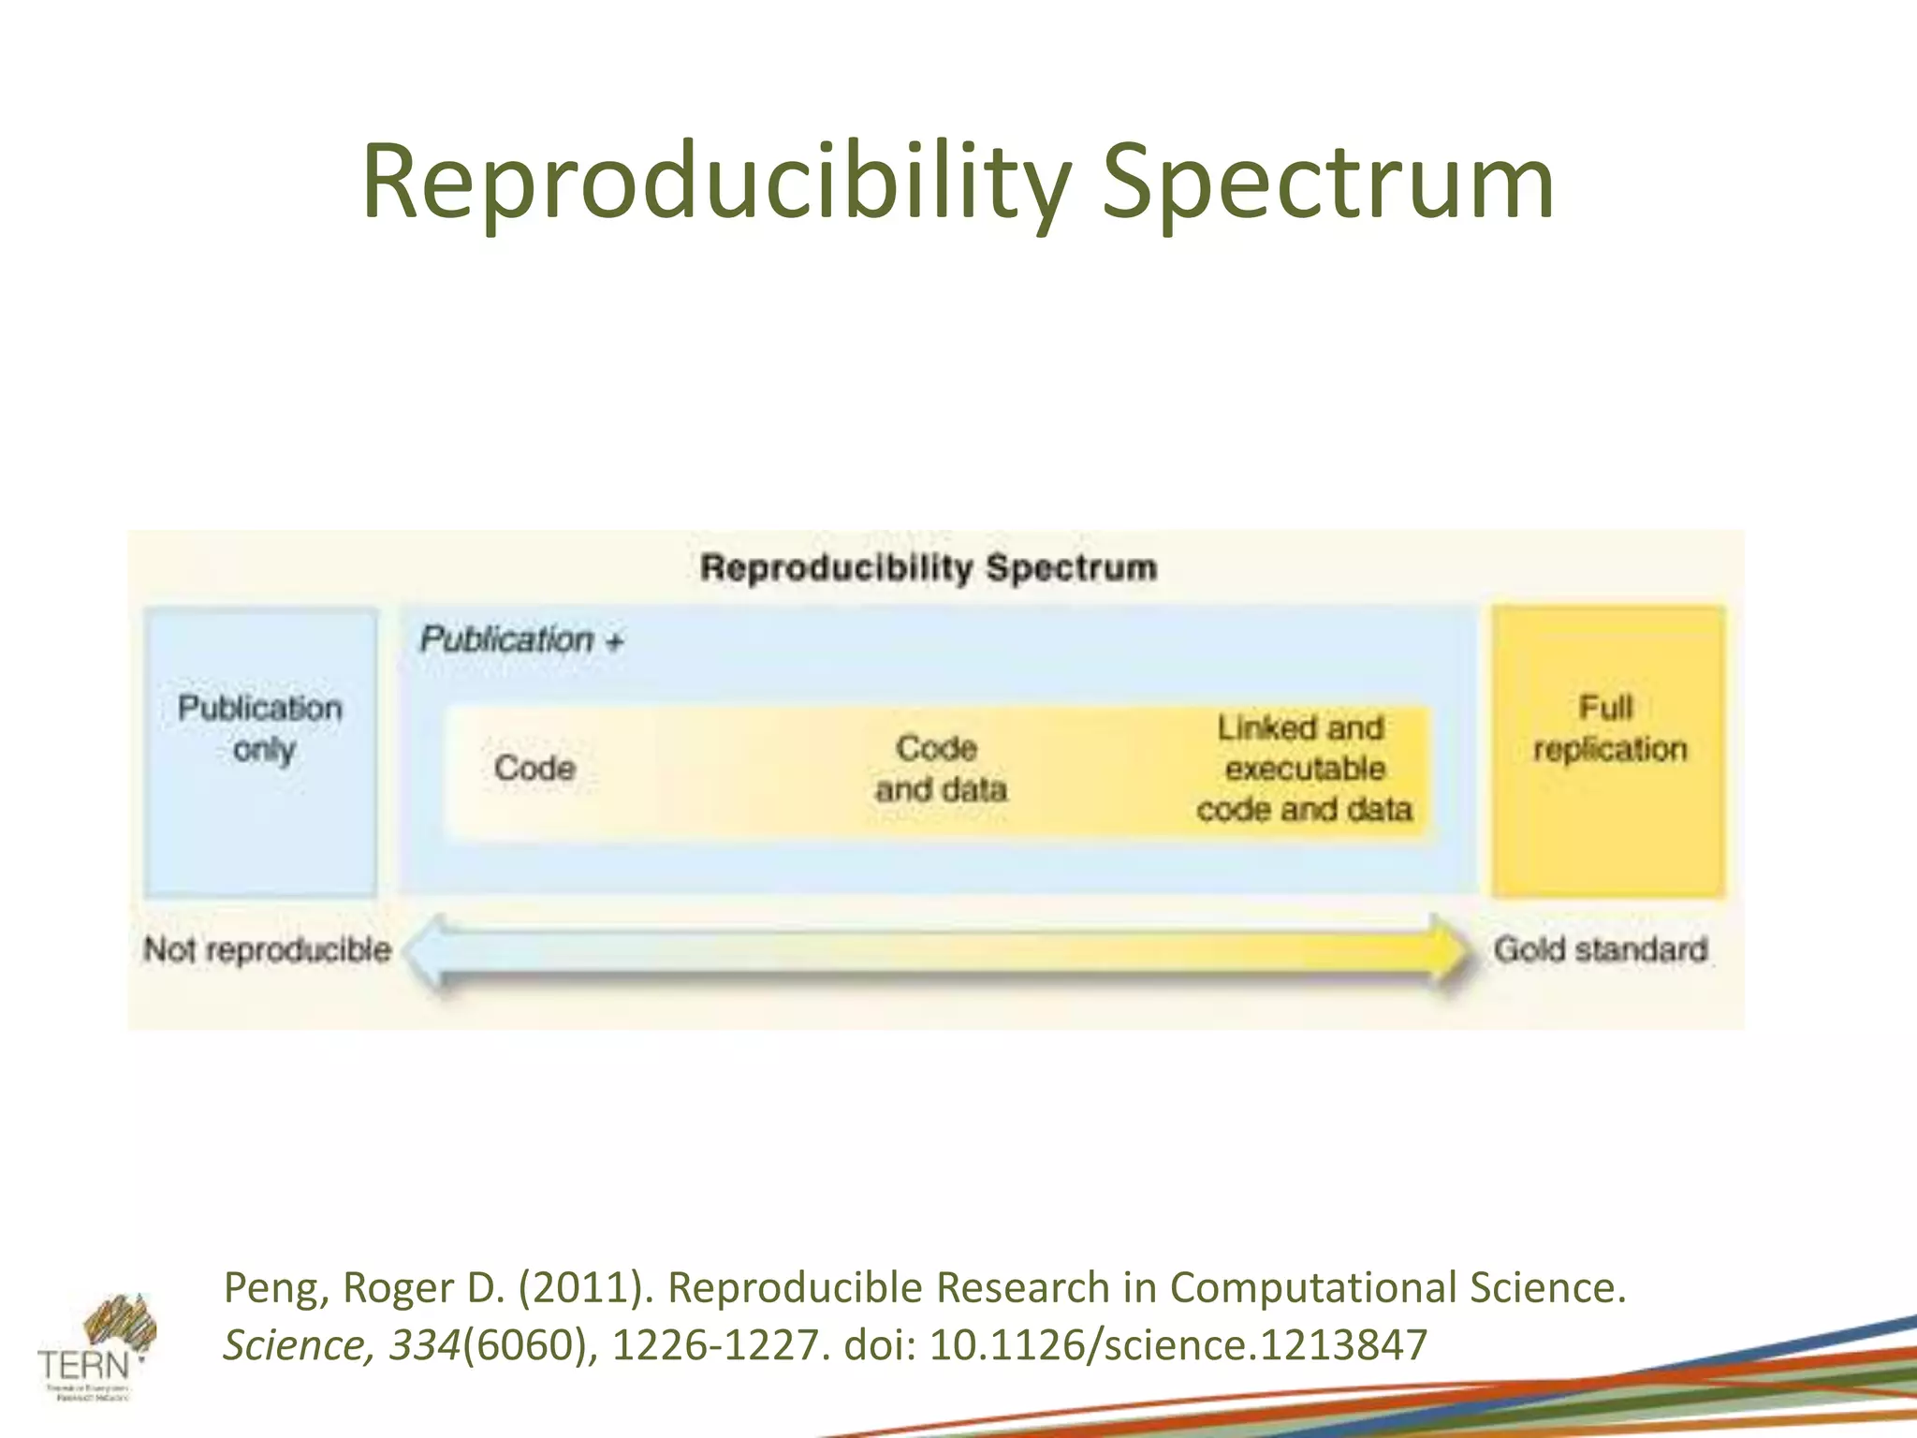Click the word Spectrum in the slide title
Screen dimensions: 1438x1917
(1327, 183)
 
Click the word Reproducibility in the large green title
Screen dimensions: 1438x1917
(716, 183)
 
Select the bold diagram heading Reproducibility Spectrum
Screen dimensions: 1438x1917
(929, 567)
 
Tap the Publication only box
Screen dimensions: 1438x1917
(260, 752)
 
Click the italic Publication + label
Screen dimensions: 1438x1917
(520, 640)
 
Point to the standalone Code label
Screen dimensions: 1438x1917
(534, 769)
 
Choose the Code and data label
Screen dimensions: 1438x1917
(940, 769)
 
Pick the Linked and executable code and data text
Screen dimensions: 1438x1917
(1304, 769)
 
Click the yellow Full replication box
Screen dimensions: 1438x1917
(1608, 752)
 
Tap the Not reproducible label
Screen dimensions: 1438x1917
(267, 949)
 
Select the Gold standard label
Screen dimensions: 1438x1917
(1601, 949)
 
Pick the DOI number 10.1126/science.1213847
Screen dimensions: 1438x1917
(1178, 1345)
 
